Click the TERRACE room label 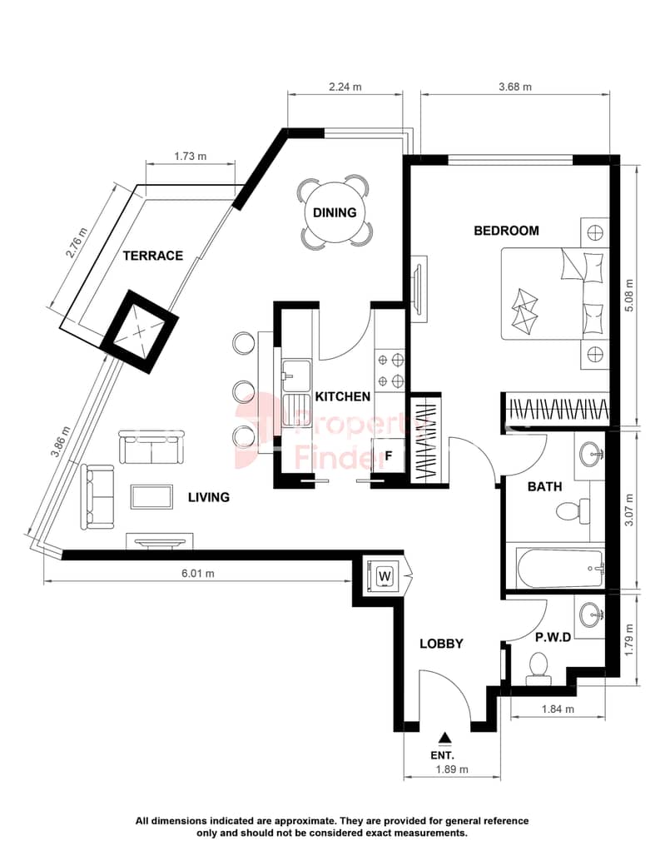click(x=152, y=256)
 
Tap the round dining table click(x=335, y=212)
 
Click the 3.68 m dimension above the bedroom click(x=515, y=87)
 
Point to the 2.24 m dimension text click(x=345, y=87)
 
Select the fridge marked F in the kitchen click(x=389, y=455)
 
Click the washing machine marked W click(x=385, y=576)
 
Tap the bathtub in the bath click(x=560, y=569)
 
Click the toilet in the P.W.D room click(x=538, y=669)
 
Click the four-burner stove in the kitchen click(x=390, y=371)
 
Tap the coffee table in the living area click(x=151, y=496)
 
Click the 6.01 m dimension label click(x=198, y=574)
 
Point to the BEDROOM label click(x=506, y=231)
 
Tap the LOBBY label click(x=441, y=644)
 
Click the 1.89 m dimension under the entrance click(x=452, y=769)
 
